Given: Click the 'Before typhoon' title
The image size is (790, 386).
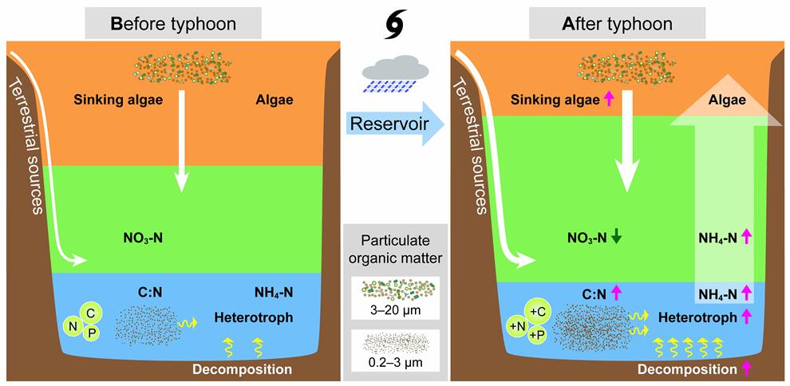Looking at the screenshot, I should pyautogui.click(x=172, y=23).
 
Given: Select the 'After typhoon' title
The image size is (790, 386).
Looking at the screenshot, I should pyautogui.click(x=617, y=23).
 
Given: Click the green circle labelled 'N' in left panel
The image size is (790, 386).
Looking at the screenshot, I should pyautogui.click(x=75, y=324).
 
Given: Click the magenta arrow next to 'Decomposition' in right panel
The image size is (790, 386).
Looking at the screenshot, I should pyautogui.click(x=747, y=369).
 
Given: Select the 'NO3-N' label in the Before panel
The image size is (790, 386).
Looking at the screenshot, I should pyautogui.click(x=144, y=237).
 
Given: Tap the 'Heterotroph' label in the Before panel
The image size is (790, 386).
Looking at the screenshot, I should pyautogui.click(x=254, y=317).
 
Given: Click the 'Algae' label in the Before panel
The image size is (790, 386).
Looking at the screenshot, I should pyautogui.click(x=274, y=100).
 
